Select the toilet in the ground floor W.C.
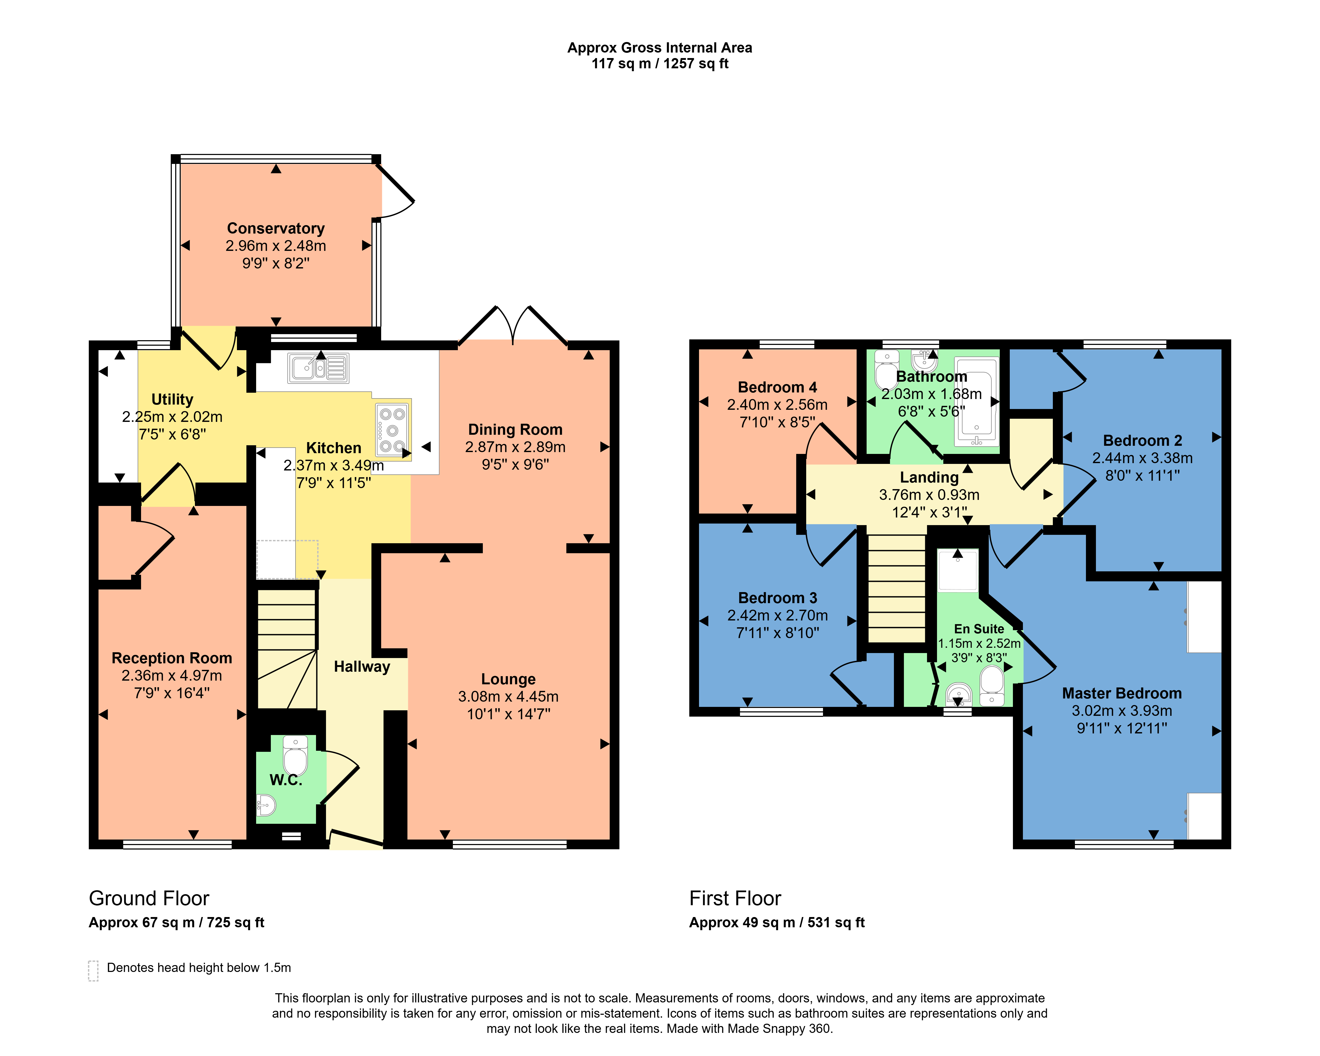point(296,756)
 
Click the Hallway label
point(362,667)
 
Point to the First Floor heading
point(735,898)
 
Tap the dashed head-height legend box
point(93,970)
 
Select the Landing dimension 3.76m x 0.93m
point(929,495)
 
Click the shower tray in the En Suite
point(958,570)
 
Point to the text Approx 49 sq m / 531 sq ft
point(777,923)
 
